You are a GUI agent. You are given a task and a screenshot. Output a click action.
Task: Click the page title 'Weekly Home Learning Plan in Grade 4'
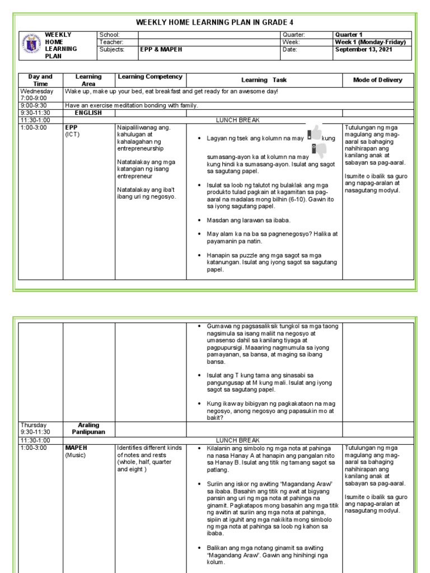click(x=214, y=21)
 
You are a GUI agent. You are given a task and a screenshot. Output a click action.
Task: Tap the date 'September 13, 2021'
click(x=363, y=49)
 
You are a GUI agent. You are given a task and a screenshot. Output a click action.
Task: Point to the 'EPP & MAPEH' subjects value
click(x=160, y=49)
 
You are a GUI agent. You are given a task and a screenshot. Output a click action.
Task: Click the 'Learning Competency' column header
click(x=150, y=77)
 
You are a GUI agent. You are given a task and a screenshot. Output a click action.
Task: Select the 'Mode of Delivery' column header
click(x=377, y=80)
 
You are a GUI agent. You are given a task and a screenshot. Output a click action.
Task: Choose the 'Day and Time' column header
click(x=40, y=80)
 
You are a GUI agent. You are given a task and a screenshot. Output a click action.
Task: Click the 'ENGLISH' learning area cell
click(x=88, y=112)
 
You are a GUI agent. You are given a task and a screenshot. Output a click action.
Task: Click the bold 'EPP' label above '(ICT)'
click(x=71, y=127)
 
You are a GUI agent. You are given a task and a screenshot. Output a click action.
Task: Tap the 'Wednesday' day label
click(x=36, y=91)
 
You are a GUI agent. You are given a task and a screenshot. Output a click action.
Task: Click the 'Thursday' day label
click(x=34, y=425)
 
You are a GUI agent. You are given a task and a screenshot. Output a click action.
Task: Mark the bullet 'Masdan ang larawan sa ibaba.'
click(x=242, y=220)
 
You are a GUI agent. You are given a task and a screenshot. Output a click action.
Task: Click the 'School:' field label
click(x=109, y=35)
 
